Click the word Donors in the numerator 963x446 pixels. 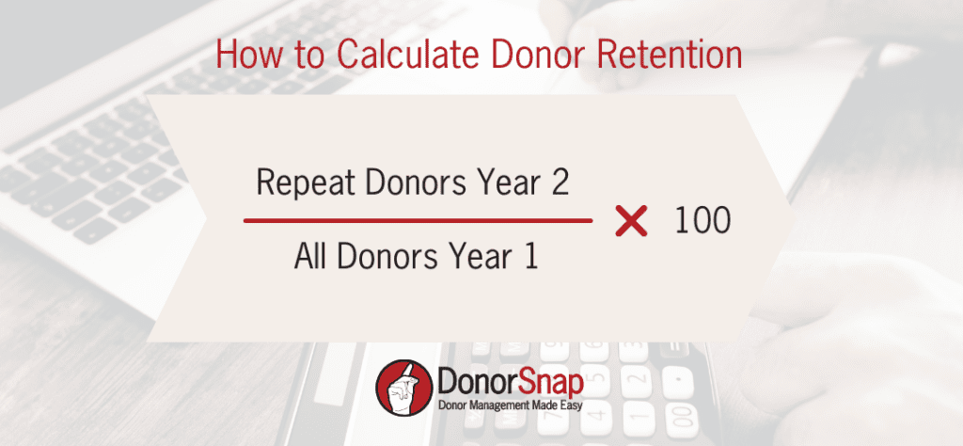(x=412, y=183)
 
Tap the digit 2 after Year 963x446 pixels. (x=559, y=183)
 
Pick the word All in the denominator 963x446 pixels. (x=310, y=256)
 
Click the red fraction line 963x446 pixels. (x=418, y=220)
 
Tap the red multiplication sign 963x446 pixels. (x=631, y=221)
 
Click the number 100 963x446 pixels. (x=703, y=221)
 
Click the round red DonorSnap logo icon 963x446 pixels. (x=403, y=388)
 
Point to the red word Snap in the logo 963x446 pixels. (x=549, y=384)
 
